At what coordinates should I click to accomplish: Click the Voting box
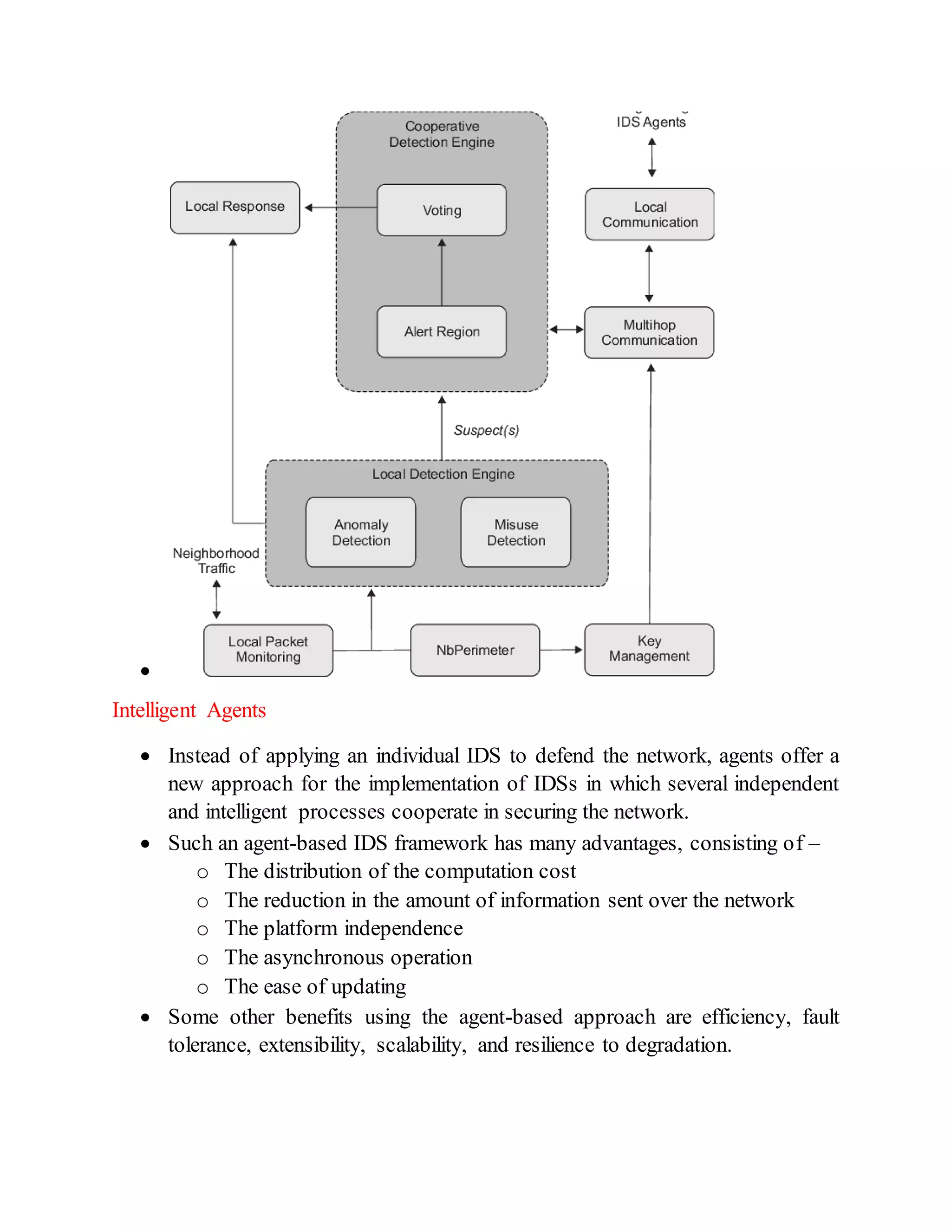click(x=441, y=210)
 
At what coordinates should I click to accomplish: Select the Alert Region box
click(x=441, y=332)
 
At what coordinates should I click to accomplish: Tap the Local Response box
click(x=234, y=207)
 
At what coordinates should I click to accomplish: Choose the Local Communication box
click(x=649, y=214)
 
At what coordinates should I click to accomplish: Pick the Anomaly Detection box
click(x=360, y=532)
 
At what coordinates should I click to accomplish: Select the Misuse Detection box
click(x=515, y=532)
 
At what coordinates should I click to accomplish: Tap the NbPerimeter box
click(x=475, y=650)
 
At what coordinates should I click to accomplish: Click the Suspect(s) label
click(x=486, y=430)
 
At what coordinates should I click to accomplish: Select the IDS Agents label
click(x=651, y=122)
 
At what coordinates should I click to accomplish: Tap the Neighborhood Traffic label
click(x=216, y=560)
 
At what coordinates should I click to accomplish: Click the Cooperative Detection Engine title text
click(x=441, y=134)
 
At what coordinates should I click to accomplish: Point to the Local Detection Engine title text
click(x=443, y=474)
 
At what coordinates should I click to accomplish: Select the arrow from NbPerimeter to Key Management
click(x=560, y=650)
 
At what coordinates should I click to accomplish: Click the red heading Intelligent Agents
click(x=189, y=710)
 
